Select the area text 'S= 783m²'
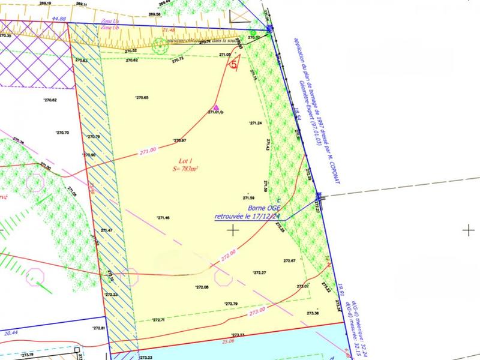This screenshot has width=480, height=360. [x=184, y=169]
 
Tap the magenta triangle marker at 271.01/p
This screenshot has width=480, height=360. [x=217, y=108]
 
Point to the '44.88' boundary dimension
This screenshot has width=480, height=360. [x=58, y=19]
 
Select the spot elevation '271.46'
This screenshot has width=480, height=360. [x=163, y=218]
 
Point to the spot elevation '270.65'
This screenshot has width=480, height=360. [x=142, y=98]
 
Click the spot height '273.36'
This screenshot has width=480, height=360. [x=313, y=313]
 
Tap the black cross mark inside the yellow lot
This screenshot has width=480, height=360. [x=233, y=229]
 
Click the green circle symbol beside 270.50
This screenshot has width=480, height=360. [x=253, y=33]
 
